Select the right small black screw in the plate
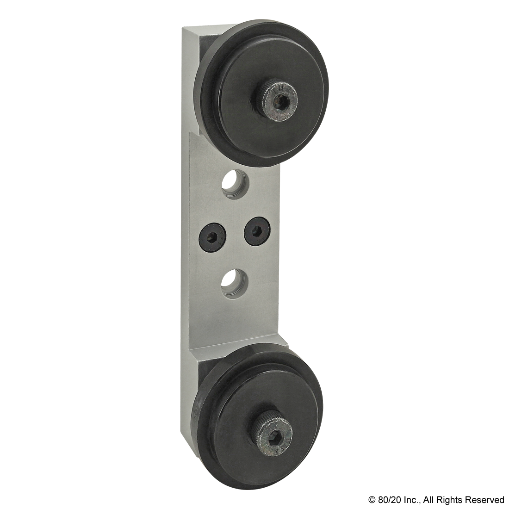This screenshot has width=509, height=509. coord(258,230)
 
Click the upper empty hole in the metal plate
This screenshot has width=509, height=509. coord(234,184)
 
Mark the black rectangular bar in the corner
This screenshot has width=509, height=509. coord(435,500)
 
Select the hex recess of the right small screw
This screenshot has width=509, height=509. coord(258,230)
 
